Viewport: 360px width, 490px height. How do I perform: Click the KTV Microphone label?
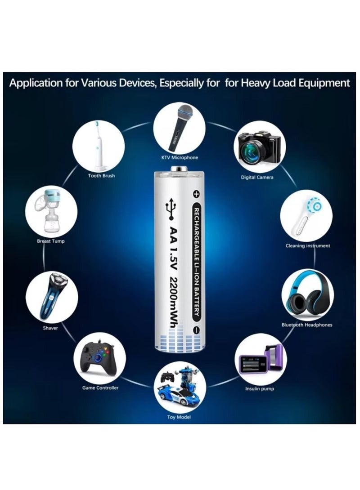pyautogui.click(x=180, y=158)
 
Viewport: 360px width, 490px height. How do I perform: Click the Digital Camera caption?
pyautogui.click(x=257, y=178)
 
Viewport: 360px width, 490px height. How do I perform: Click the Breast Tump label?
pyautogui.click(x=50, y=241)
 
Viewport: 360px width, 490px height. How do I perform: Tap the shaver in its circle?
pyautogui.click(x=50, y=296)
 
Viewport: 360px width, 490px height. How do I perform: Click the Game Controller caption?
pyautogui.click(x=100, y=388)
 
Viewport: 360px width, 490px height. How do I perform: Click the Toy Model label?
pyautogui.click(x=179, y=418)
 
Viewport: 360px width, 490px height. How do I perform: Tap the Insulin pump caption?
pyautogui.click(x=259, y=389)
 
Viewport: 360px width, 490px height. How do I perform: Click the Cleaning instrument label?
pyautogui.click(x=308, y=246)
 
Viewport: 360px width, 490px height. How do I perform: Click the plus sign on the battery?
pyautogui.click(x=196, y=194)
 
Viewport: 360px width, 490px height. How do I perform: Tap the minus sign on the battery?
pyautogui.click(x=196, y=330)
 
